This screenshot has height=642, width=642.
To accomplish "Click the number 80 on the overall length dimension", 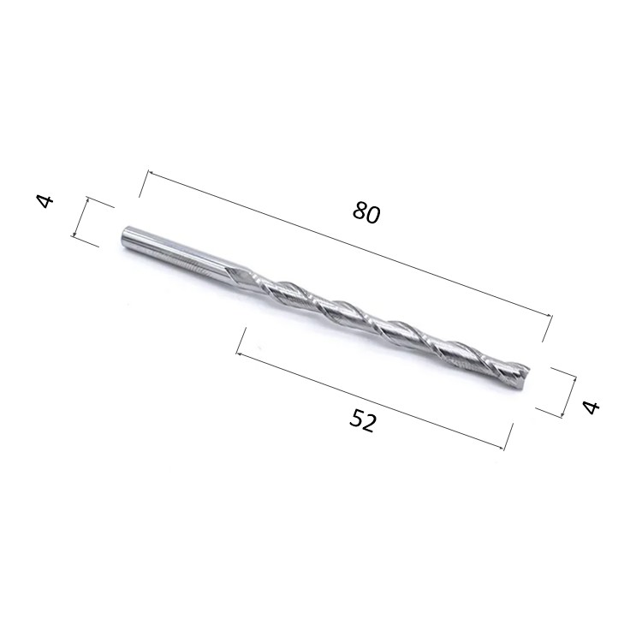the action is (366, 212).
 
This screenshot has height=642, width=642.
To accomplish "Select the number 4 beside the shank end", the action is (45, 201).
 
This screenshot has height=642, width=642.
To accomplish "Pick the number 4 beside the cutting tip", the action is (591, 407).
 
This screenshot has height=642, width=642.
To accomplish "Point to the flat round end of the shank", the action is (124, 235).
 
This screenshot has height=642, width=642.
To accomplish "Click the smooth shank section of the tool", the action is (172, 251).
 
